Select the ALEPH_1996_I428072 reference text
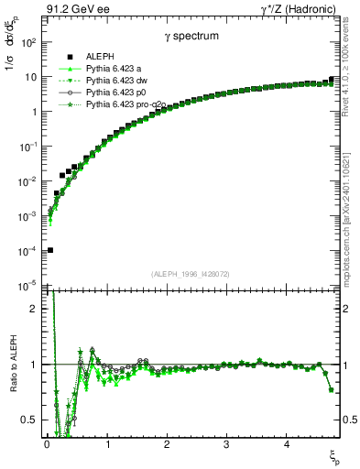pyautogui.click(x=189, y=272)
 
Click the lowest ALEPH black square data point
pyautogui.click(x=49, y=249)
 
